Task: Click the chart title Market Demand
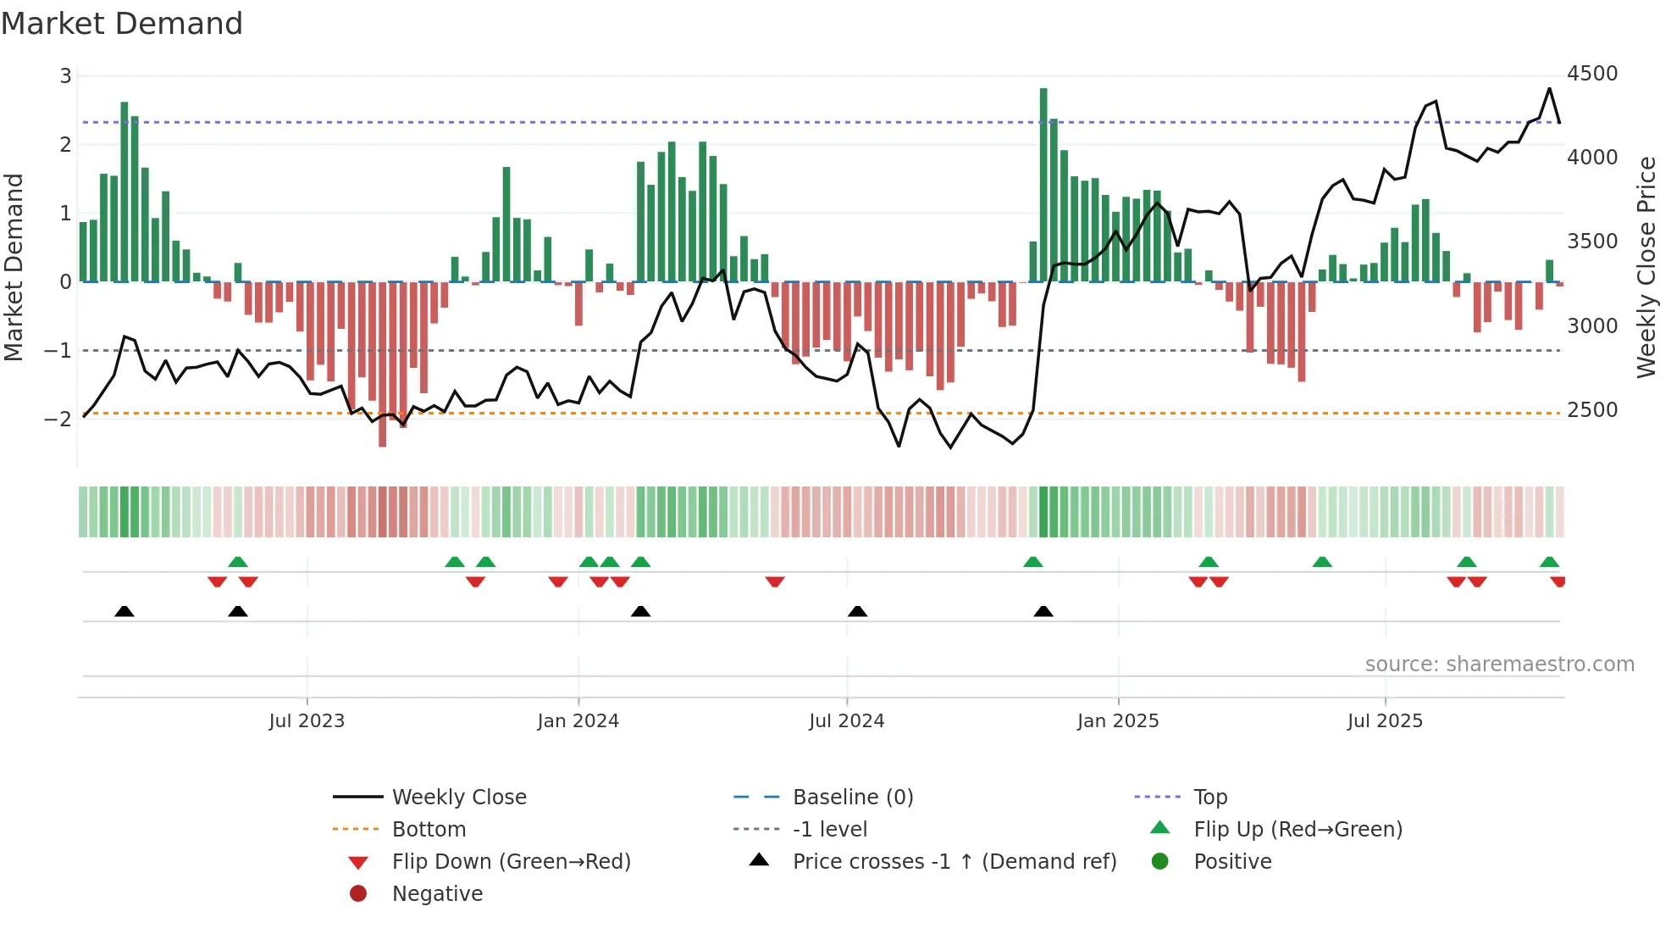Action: pos(122,24)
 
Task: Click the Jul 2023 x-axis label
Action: pos(307,721)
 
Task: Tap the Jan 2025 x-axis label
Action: pos(1118,721)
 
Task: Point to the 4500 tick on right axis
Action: pos(1592,74)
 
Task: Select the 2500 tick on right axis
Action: pos(1592,410)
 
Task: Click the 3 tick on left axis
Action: pos(65,76)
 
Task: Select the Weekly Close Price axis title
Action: pos(1646,267)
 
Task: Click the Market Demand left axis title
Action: pos(14,267)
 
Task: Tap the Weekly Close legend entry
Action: pos(458,798)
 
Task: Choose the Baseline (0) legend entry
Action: pos(852,798)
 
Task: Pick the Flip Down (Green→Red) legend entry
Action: pos(511,862)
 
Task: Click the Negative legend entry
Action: pos(437,894)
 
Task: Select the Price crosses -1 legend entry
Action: pos(954,862)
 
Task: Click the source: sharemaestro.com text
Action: pos(1499,664)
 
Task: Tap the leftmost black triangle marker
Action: pos(125,611)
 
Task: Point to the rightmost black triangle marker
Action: pos(1043,611)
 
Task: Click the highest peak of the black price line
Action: pos(1550,89)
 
